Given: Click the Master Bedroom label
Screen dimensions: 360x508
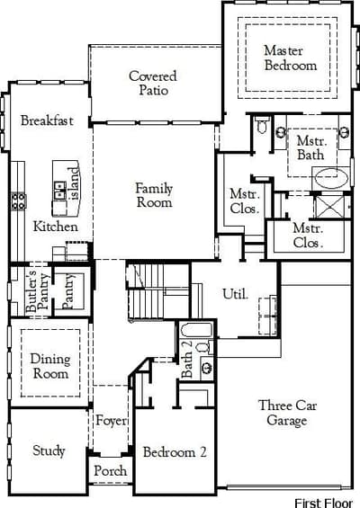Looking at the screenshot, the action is [291, 58].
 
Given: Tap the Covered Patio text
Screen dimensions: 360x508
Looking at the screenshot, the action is [153, 83].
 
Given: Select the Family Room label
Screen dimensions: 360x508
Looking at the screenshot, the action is [154, 195].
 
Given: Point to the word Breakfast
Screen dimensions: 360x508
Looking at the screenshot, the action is [47, 120].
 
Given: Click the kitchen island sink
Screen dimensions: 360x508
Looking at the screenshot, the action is [60, 190].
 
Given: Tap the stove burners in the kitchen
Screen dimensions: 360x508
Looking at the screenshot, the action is [19, 201].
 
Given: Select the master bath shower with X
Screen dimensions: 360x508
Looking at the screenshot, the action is [329, 207].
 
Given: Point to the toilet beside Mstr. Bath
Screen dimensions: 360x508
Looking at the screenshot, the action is [263, 125].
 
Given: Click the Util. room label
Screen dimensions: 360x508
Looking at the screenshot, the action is [236, 294].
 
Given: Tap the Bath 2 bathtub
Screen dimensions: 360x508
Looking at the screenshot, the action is [196, 330].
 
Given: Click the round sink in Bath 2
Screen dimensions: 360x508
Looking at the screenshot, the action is [207, 368].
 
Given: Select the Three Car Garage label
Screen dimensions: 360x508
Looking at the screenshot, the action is [287, 413].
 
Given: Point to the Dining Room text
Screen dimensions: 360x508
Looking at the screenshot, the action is [50, 367].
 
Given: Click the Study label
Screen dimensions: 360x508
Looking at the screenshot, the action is [49, 450].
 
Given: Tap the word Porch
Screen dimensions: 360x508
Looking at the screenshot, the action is [111, 470].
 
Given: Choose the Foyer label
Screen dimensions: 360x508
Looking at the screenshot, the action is [111, 421].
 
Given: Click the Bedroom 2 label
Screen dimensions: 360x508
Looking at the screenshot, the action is [175, 452].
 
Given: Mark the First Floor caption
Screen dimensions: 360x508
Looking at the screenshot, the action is [323, 503].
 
